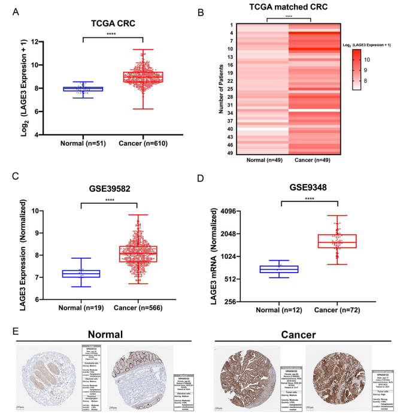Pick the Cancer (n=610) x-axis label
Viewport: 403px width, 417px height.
143,144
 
